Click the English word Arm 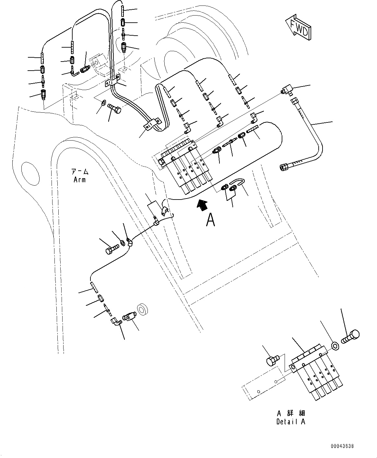pyautogui.click(x=79, y=179)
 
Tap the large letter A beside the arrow pyautogui.click(x=211, y=220)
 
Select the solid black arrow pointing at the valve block pyautogui.click(x=202, y=205)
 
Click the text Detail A pyautogui.click(x=291, y=421)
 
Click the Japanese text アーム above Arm pyautogui.click(x=80, y=172)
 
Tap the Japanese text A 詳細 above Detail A pyautogui.click(x=291, y=414)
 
